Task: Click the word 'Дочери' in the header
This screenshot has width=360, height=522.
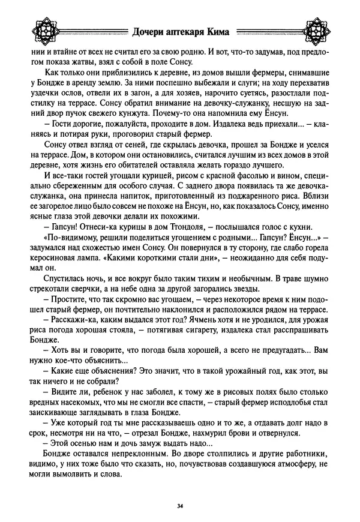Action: [147, 34]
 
